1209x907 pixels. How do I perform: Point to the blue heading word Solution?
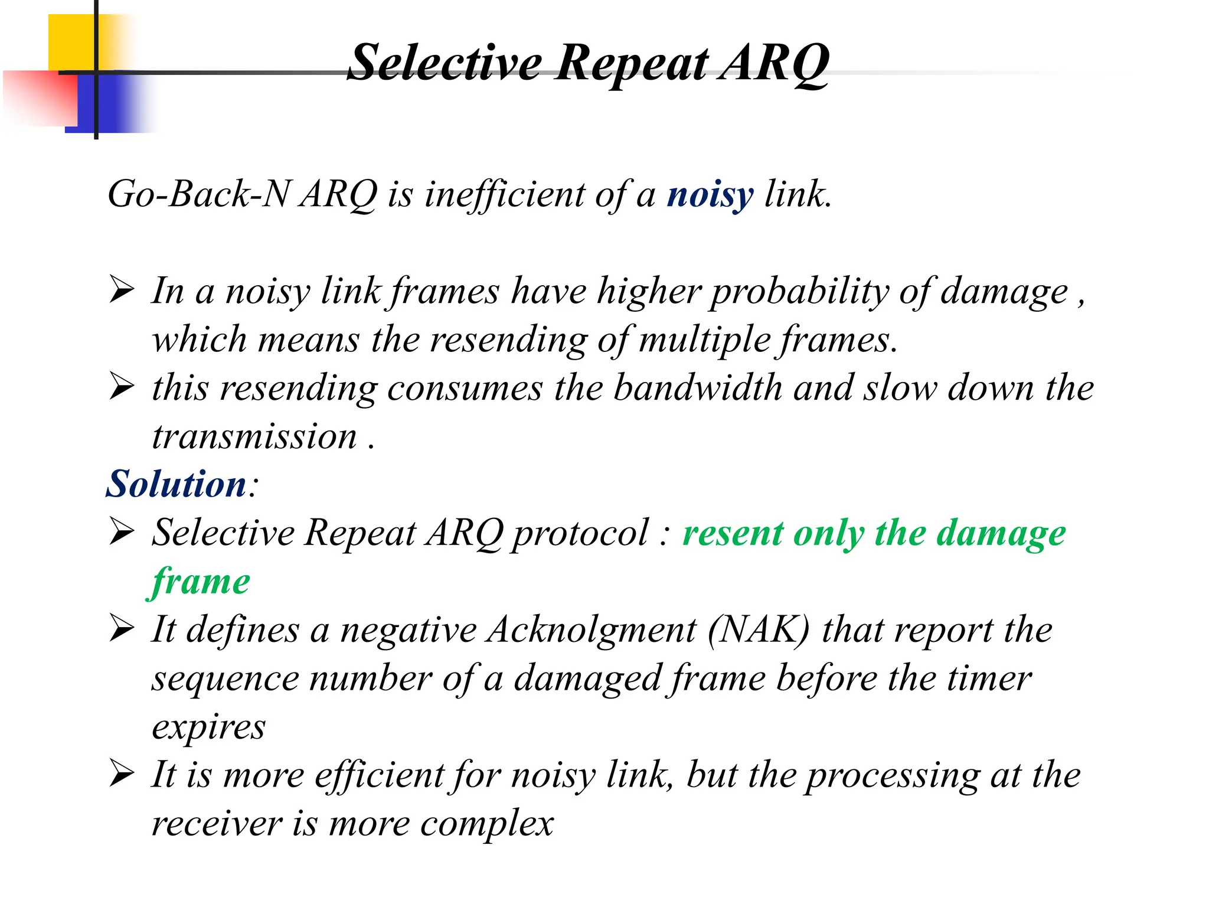coord(176,484)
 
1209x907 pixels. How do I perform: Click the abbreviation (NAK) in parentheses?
coord(759,629)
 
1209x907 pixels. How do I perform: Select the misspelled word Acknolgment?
coord(592,629)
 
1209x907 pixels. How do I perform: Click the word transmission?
coord(254,437)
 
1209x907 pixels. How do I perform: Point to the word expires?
coord(208,727)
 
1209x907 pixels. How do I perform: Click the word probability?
coord(799,292)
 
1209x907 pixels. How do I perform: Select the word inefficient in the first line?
coord(505,194)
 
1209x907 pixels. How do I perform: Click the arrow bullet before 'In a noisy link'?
coord(122,291)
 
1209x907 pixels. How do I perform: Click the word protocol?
coord(580,533)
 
